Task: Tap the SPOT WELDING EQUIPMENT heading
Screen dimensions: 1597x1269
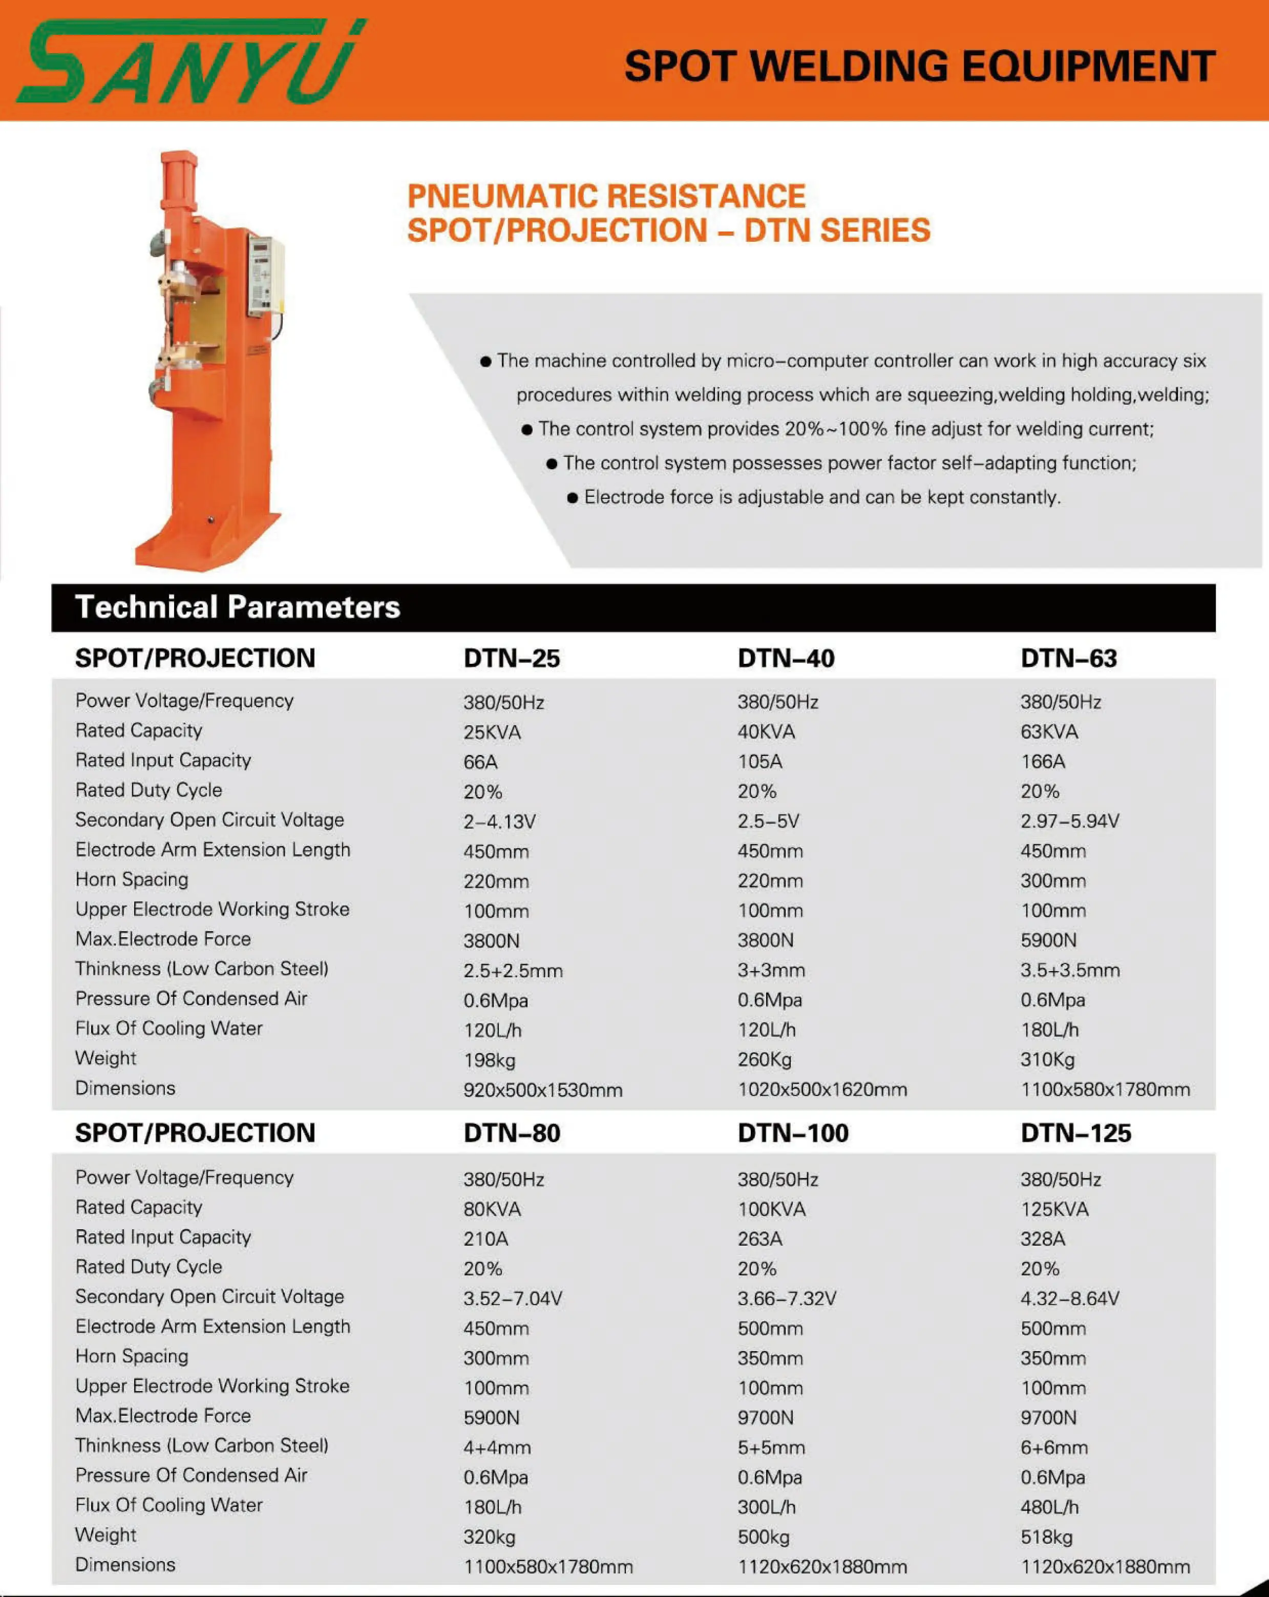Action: [x=919, y=66]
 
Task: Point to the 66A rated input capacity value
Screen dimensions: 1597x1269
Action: [x=480, y=762]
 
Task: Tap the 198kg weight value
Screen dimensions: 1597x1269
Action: [x=489, y=1060]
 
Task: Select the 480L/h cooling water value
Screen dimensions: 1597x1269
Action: [x=1049, y=1507]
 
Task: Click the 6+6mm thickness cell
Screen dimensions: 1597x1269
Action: [x=1053, y=1447]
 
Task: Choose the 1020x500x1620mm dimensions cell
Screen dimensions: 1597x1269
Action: [x=821, y=1089]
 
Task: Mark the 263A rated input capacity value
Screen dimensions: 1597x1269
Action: [x=759, y=1239]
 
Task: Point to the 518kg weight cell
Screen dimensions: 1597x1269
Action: [x=1046, y=1537]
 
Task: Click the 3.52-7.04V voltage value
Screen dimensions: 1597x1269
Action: [x=513, y=1298]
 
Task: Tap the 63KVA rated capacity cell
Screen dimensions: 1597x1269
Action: [x=1049, y=732]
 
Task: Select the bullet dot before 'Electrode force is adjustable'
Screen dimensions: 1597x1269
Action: [x=572, y=498]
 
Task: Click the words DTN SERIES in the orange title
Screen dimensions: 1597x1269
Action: [x=837, y=230]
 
